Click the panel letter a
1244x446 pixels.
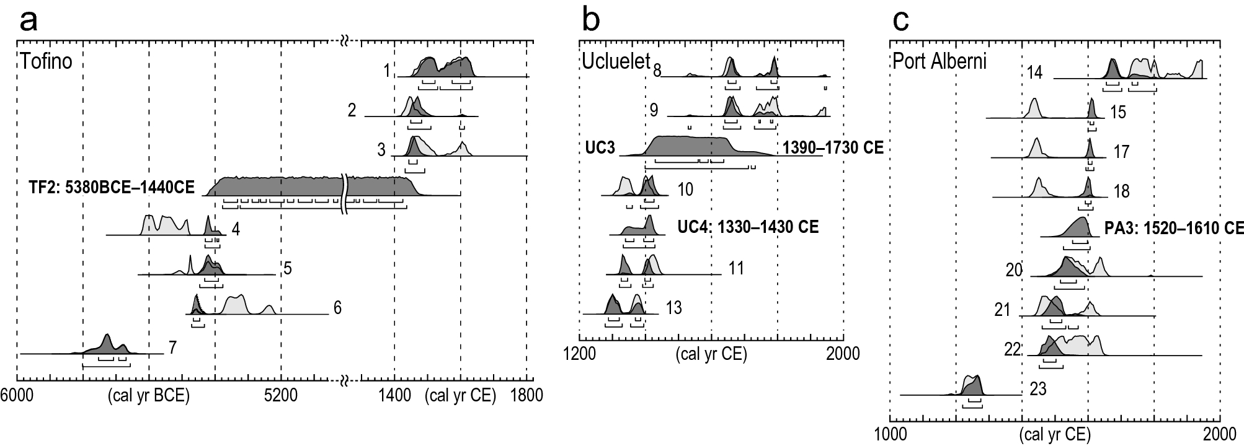click(29, 22)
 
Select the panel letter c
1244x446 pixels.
click(900, 22)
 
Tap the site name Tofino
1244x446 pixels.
click(46, 62)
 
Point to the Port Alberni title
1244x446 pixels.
click(939, 63)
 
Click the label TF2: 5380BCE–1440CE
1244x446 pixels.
click(112, 187)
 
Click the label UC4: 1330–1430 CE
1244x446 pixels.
click(748, 227)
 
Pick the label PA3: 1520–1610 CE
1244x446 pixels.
click(1173, 228)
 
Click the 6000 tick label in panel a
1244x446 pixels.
click(17, 395)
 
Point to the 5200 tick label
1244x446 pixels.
click(281, 395)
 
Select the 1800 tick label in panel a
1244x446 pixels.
click(526, 395)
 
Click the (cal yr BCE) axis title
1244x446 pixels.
click(148, 395)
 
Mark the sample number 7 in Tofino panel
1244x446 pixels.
click(172, 348)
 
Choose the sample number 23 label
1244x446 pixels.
click(1038, 389)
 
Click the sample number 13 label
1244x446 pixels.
click(673, 307)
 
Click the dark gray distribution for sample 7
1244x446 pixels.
click(107, 344)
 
